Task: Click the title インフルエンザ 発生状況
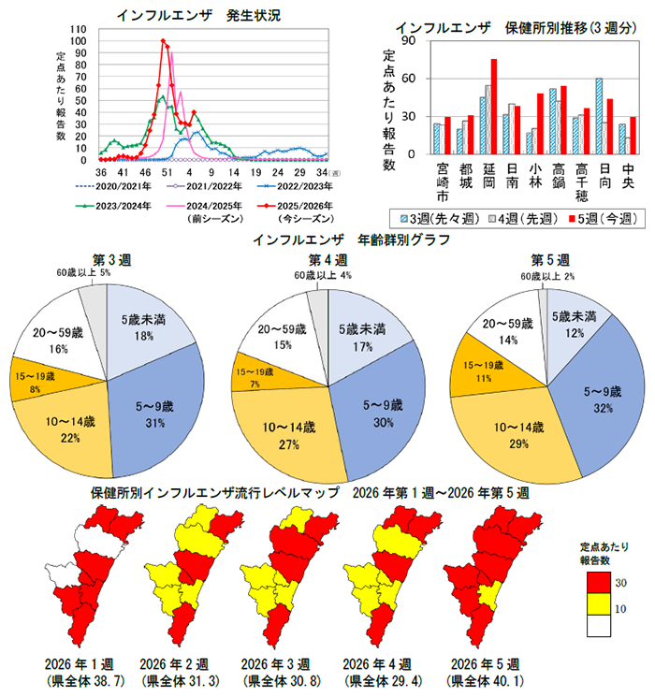199,15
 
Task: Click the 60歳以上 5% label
82,272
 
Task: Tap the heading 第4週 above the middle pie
328,259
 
